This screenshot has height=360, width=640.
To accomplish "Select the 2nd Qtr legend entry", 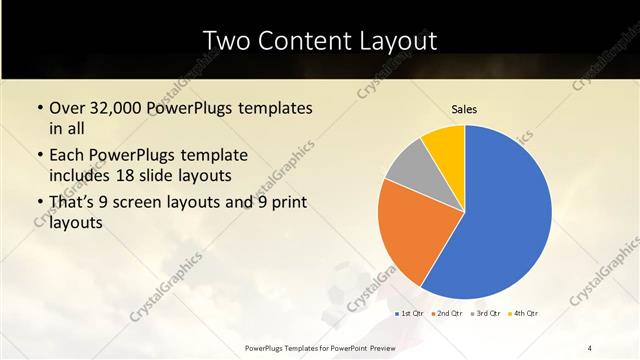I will click(449, 313).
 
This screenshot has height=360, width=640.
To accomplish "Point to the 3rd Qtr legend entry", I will click(486, 313).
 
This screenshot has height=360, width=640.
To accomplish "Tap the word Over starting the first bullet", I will click(68, 107).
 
